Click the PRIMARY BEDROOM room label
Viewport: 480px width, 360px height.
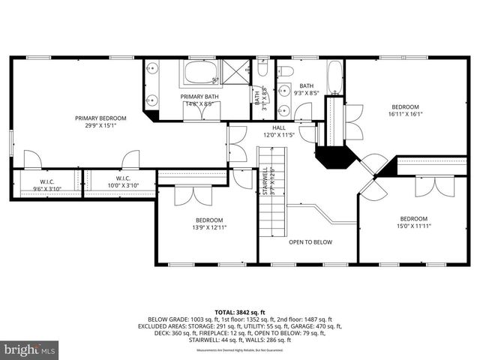coord(100,118)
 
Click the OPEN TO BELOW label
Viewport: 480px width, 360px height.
coord(310,242)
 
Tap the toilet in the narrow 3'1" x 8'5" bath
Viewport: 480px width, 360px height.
coord(262,69)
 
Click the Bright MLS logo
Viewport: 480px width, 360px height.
coord(30,349)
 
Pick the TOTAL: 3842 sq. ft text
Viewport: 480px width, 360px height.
coord(239,310)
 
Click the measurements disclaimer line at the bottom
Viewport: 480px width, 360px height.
coord(239,350)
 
